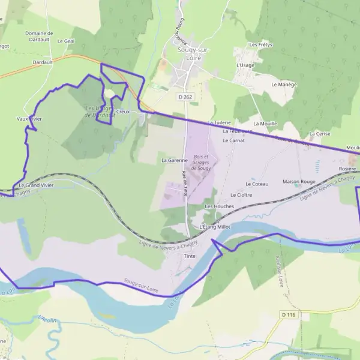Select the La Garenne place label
tap(175, 160)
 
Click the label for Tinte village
tap(190, 256)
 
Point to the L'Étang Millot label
tap(215, 227)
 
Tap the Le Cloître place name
tap(241, 194)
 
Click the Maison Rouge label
tap(299, 181)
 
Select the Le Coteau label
tap(257, 184)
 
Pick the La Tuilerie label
tap(219, 122)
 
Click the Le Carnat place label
tap(233, 140)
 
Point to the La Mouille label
tap(265, 123)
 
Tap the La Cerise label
tap(320, 133)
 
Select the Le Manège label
tap(284, 85)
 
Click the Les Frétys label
tap(260, 44)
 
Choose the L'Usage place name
tap(246, 65)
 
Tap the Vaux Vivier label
tap(29, 119)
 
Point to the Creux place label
tap(123, 112)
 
